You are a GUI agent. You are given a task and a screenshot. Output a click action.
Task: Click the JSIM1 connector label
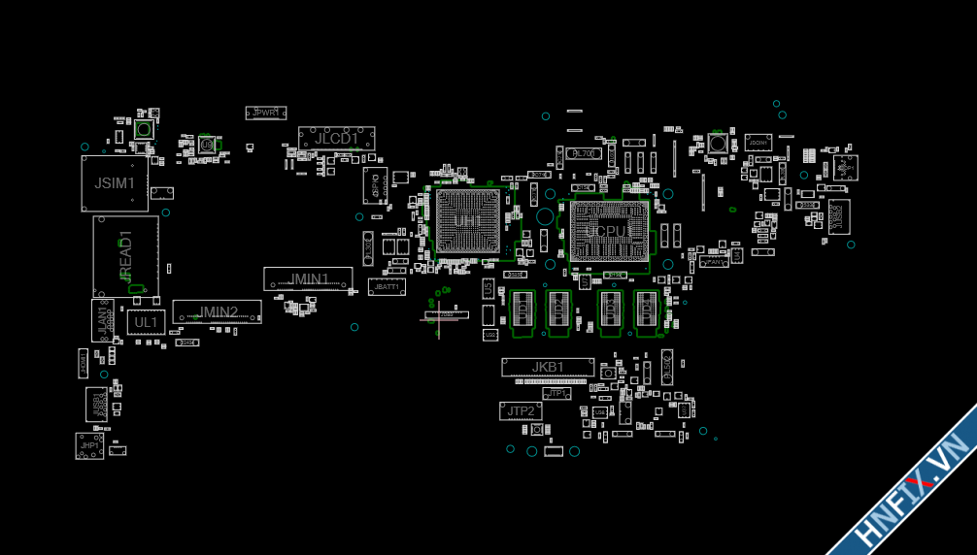tap(115, 182)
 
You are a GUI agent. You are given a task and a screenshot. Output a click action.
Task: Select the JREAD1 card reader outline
tap(125, 256)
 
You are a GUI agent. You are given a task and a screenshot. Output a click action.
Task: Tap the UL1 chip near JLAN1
tap(146, 322)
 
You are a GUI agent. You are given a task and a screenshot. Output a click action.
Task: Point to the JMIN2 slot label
tap(219, 312)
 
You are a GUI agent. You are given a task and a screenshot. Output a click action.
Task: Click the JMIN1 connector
tap(308, 278)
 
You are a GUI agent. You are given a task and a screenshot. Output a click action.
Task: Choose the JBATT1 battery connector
tap(387, 287)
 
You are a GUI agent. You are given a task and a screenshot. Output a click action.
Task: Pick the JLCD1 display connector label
tap(336, 139)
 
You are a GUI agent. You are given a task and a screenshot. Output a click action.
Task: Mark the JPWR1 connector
tap(265, 113)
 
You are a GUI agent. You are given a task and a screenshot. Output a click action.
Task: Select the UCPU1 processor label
tap(609, 231)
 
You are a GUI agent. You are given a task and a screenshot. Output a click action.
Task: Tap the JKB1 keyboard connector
tap(548, 367)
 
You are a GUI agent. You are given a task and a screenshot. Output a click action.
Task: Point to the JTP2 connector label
tap(521, 411)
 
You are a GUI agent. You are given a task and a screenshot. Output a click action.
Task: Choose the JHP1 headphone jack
tap(89, 446)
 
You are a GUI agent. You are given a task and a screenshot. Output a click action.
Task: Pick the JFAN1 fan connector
tap(714, 261)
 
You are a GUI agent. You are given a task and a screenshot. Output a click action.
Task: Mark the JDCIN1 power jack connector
tap(758, 143)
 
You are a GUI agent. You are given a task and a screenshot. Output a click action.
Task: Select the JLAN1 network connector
tap(102, 320)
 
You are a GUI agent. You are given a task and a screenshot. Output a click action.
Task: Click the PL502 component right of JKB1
tap(667, 366)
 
